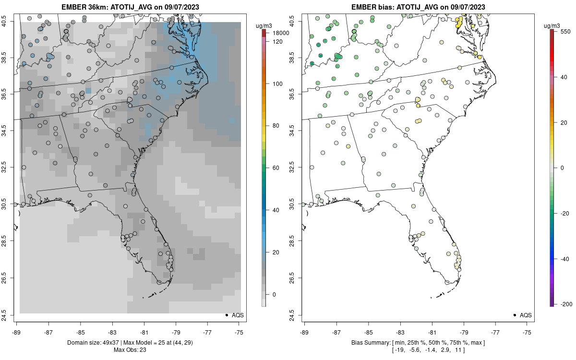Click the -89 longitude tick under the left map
pyautogui.click(x=17, y=332)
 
